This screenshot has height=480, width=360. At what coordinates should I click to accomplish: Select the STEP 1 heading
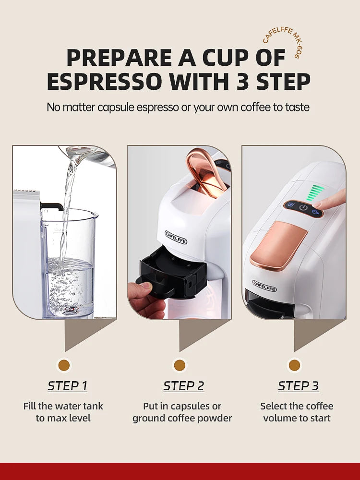coord(67,386)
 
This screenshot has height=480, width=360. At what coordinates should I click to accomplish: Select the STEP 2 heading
coord(183,386)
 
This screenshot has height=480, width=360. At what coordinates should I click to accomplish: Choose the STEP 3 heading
coord(298,386)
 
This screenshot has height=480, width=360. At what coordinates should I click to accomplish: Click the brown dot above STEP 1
coord(64,366)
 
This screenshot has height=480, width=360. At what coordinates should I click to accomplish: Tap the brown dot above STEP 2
coord(180,366)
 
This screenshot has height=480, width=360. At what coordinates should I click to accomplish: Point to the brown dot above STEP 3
coord(294,366)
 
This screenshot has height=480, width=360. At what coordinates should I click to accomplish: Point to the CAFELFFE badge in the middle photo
coord(176,237)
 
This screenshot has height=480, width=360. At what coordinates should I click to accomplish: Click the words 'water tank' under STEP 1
coord(79,406)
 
